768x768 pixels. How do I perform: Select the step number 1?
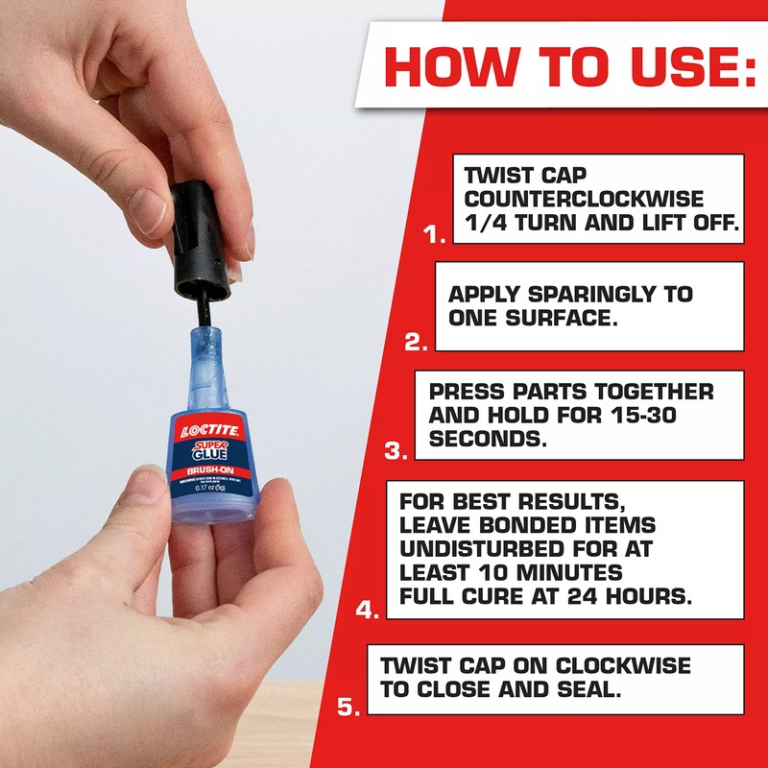435,233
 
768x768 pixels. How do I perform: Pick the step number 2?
416,341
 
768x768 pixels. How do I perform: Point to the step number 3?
396,449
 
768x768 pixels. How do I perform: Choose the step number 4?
368,609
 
